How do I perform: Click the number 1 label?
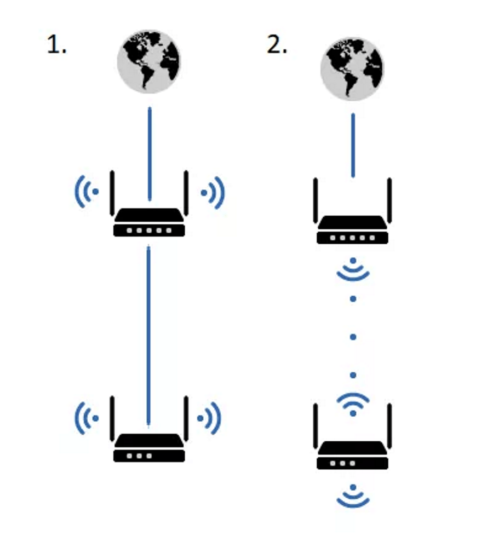[56, 45]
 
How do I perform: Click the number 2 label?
[277, 45]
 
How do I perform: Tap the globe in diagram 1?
[149, 61]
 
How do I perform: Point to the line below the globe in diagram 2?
[353, 145]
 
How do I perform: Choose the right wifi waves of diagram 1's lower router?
[211, 418]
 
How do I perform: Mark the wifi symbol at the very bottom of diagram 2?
[353, 495]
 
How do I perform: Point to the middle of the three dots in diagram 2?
[353, 337]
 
